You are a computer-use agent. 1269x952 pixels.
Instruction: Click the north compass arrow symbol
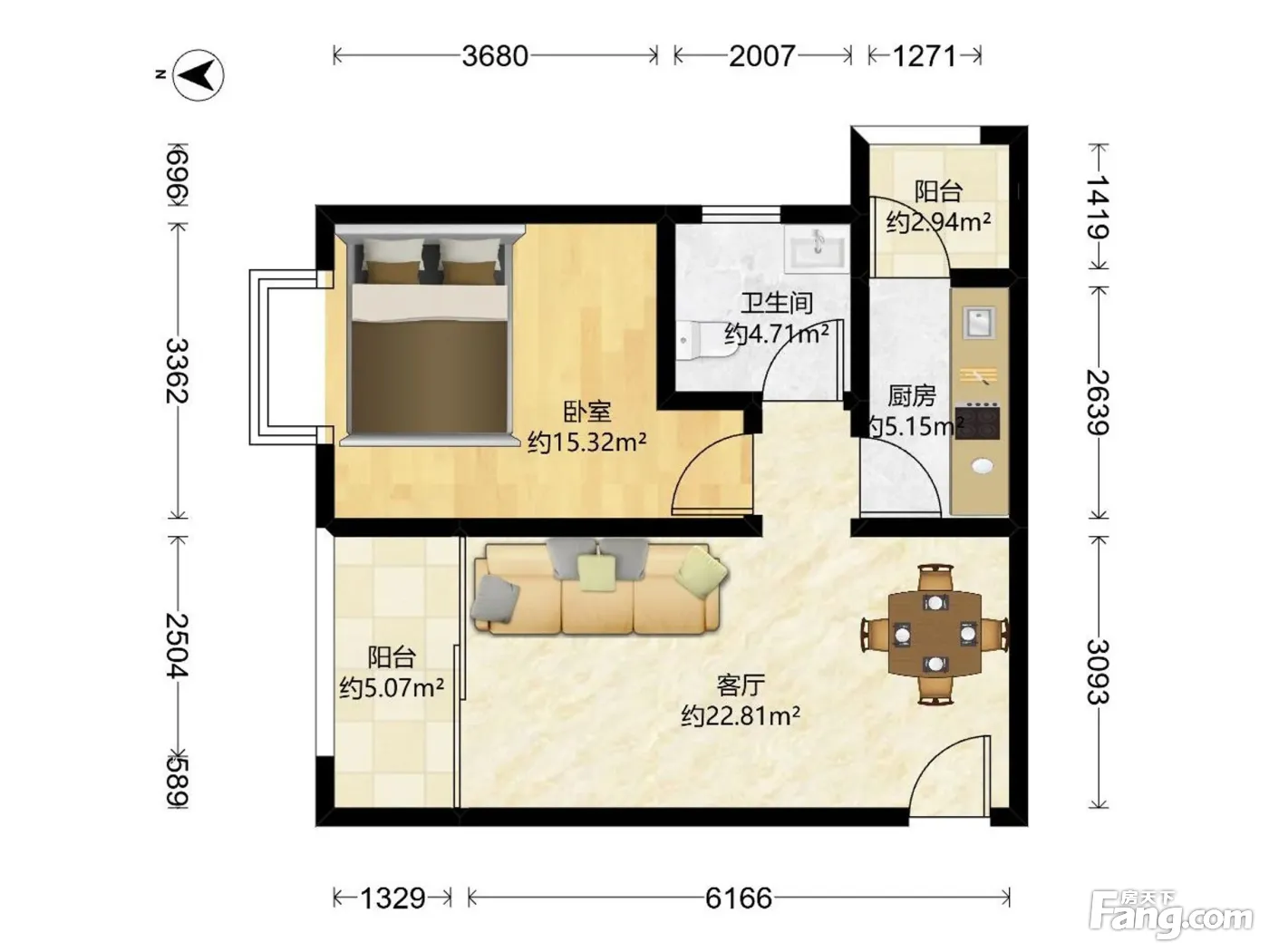pos(199,75)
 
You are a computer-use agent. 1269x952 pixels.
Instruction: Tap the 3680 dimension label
pos(495,56)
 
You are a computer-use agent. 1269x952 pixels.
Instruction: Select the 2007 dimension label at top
pos(762,56)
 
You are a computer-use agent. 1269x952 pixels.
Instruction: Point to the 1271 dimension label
pos(925,56)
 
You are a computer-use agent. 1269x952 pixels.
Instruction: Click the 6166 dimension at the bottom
pos(738,899)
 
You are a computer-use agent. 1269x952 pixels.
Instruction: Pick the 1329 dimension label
pos(393,899)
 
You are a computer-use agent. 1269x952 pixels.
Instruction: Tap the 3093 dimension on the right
pos(1098,672)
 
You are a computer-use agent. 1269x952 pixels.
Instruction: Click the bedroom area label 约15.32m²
pos(586,442)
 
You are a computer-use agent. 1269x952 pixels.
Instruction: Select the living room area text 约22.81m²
pos(741,716)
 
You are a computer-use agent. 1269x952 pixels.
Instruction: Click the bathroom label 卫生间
pos(777,303)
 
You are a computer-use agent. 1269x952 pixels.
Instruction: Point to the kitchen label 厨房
pos(911,396)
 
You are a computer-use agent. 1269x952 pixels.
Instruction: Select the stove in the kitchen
pos(977,421)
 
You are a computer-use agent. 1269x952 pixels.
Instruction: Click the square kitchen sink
pos(979,323)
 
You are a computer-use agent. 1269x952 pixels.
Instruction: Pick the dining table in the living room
pos(935,634)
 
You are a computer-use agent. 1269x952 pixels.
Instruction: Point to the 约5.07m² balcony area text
pos(392,688)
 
